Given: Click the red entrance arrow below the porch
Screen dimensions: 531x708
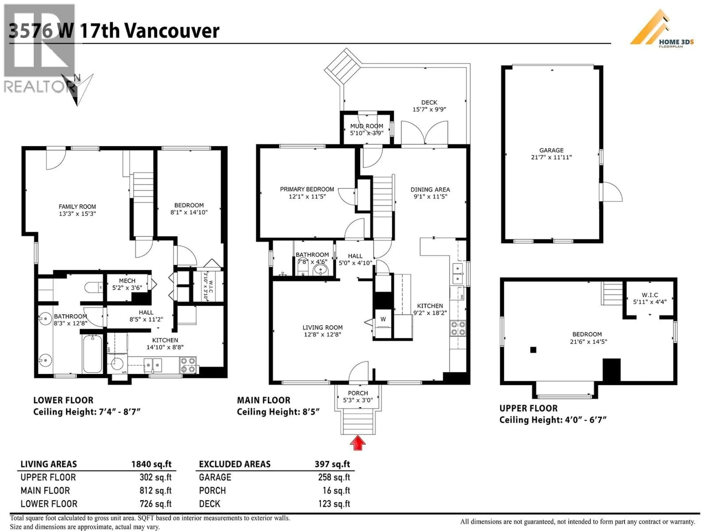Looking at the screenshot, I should point(358,443).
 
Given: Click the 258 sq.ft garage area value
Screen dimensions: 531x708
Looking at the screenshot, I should point(334,477).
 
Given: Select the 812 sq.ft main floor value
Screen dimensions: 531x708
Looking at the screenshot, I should point(156,490).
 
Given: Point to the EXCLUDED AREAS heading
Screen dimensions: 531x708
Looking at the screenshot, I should point(235,464).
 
